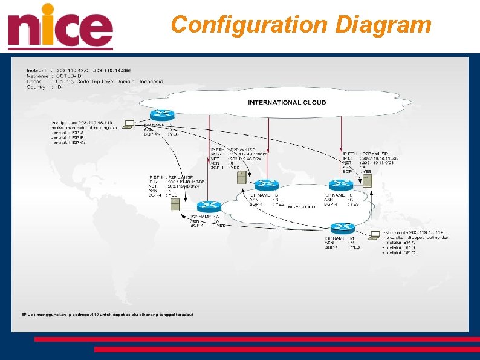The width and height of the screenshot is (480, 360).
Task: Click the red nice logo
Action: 60,27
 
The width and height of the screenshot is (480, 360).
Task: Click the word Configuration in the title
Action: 248,25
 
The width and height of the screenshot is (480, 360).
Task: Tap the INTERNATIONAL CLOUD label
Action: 287,103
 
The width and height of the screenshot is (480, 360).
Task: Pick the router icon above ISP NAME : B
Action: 267,185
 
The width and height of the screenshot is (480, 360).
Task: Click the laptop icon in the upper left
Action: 129,125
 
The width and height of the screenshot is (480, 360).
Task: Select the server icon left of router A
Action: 175,205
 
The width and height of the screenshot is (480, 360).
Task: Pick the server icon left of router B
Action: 241,177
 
